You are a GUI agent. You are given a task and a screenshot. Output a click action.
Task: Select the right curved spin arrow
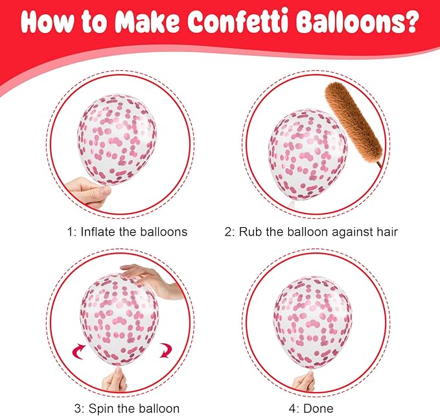pyautogui.click(x=165, y=350)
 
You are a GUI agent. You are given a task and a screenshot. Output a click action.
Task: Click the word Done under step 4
pyautogui.click(x=318, y=408)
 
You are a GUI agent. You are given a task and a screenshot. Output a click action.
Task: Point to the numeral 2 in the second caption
pyautogui.click(x=227, y=232)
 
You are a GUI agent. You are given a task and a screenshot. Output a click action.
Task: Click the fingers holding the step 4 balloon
pyautogui.click(x=304, y=381)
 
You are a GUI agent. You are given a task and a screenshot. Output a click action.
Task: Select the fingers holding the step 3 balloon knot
pyautogui.click(x=115, y=380)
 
